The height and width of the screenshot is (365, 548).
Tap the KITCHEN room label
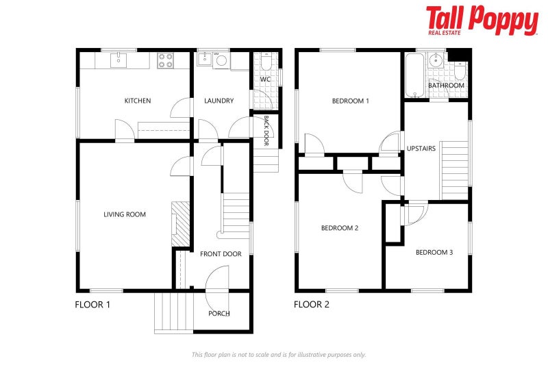click(137, 101)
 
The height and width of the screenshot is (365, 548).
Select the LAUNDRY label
click(219, 101)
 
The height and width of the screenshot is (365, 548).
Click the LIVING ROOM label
click(125, 214)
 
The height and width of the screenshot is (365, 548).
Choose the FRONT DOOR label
click(221, 254)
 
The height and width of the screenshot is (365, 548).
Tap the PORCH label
click(219, 314)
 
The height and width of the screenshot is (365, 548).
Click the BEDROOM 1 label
click(350, 101)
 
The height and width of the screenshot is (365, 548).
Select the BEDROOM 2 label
click(340, 228)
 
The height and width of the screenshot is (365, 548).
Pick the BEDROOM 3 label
click(434, 252)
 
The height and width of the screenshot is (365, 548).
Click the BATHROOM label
click(446, 85)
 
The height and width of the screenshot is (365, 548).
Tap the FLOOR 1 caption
click(92, 304)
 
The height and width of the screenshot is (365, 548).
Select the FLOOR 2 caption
click(312, 304)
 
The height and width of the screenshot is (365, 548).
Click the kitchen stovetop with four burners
click(165, 60)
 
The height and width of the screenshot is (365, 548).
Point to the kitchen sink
click(119, 60)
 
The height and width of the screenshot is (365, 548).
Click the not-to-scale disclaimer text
click(278, 354)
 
